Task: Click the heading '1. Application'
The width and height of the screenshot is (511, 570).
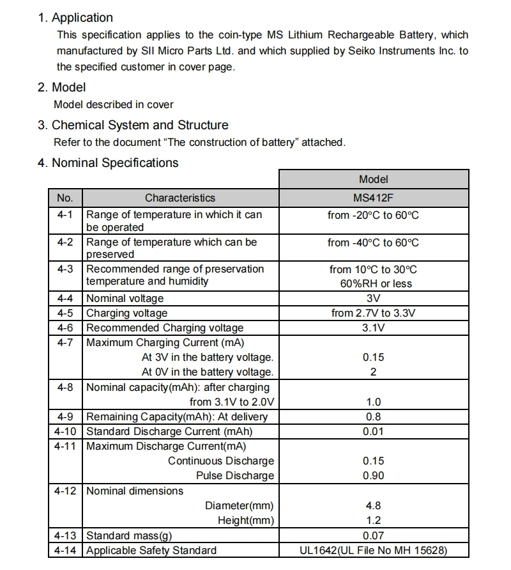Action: [75, 18]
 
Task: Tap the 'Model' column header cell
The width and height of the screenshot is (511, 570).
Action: [374, 180]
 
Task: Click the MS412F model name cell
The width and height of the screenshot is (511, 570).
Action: [374, 198]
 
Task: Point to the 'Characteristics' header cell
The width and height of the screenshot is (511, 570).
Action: [180, 198]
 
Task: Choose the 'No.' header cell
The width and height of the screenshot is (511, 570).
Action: [65, 198]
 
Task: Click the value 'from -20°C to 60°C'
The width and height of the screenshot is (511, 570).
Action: [374, 216]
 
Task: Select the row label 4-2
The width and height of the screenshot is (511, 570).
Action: [65, 242]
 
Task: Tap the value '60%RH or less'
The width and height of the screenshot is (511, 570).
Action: [376, 283]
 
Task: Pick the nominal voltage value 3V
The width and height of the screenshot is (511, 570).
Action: [374, 298]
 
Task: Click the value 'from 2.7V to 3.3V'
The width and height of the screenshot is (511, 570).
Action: [374, 313]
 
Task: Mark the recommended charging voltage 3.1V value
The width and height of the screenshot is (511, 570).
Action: [374, 328]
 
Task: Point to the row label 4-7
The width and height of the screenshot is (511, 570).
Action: [65, 343]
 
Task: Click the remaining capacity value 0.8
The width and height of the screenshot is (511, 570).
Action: [373, 417]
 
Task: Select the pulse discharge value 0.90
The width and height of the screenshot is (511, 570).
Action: [373, 476]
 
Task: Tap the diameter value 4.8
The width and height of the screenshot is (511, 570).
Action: [373, 506]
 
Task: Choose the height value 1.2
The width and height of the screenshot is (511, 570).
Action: [373, 521]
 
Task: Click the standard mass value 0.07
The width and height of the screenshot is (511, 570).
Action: [373, 536]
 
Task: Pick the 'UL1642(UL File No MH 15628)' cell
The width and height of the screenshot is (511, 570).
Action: [374, 551]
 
